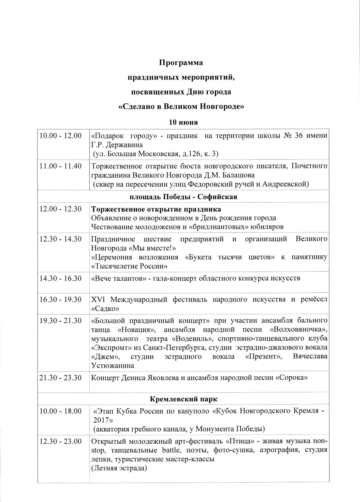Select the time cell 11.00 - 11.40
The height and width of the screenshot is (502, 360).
coord(60,166)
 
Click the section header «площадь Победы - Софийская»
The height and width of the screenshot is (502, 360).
coord(183,197)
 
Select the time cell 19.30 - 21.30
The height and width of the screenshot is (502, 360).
coord(60,321)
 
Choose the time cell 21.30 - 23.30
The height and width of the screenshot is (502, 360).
coord(60,378)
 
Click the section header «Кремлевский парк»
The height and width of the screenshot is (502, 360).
coord(183,399)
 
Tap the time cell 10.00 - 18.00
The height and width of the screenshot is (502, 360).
coord(60,411)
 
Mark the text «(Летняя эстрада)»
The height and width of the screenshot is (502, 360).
coord(119,468)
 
